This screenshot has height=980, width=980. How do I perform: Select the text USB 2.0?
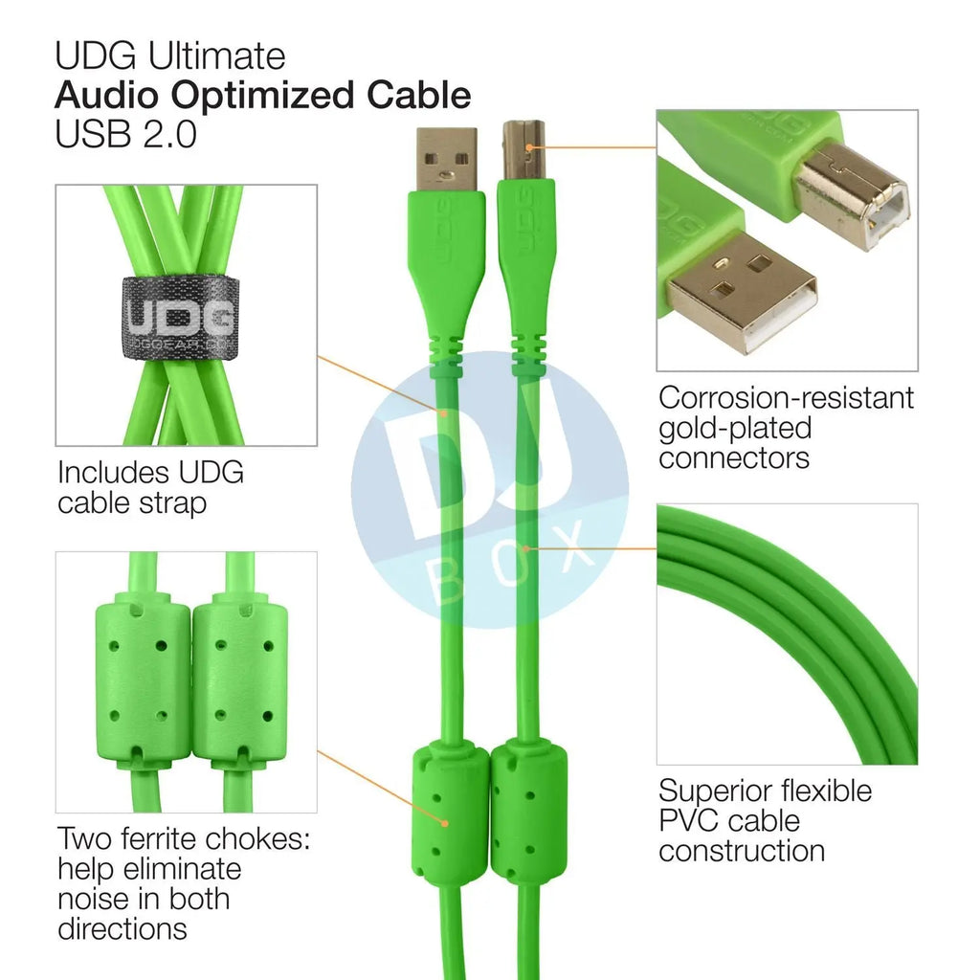[125, 134]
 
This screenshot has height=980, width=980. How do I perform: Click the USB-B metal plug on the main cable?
[524, 149]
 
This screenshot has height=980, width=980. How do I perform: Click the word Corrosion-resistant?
[786, 397]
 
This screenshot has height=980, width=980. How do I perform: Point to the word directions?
[122, 928]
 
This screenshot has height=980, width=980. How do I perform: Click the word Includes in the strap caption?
[113, 473]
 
